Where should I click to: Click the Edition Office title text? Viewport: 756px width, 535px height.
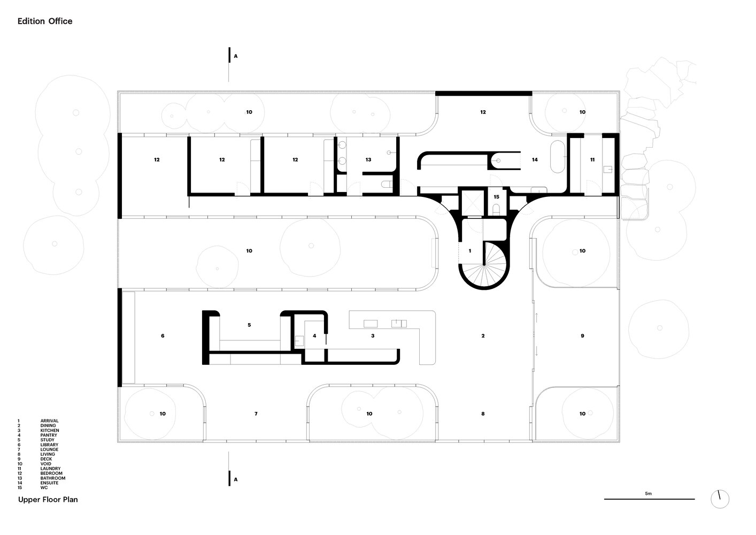(45, 21)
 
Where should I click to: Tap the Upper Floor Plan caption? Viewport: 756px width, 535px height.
(48, 500)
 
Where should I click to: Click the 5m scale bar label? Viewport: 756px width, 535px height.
(649, 493)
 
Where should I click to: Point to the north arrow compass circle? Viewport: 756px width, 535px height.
(720, 499)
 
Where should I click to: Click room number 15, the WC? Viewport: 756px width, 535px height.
(496, 197)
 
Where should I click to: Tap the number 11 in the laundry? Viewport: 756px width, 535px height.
(592, 160)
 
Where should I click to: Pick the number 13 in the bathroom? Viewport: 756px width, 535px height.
(368, 160)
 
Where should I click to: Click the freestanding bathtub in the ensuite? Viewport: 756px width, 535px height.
(558, 157)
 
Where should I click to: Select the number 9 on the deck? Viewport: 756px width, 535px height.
(582, 336)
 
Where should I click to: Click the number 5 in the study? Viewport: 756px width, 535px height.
(249, 325)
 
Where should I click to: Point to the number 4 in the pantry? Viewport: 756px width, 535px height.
(314, 336)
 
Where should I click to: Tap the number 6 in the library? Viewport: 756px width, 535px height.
(163, 336)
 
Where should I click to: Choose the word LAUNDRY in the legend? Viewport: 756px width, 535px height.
(51, 469)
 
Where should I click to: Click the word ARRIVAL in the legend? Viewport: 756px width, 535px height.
(50, 421)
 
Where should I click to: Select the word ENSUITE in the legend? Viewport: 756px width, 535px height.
(50, 483)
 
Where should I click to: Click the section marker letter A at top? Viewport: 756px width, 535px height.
(236, 56)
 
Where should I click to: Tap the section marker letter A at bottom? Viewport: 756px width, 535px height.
(236, 479)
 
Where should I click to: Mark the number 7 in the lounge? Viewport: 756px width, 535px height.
(256, 414)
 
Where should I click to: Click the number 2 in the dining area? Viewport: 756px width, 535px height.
(483, 336)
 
